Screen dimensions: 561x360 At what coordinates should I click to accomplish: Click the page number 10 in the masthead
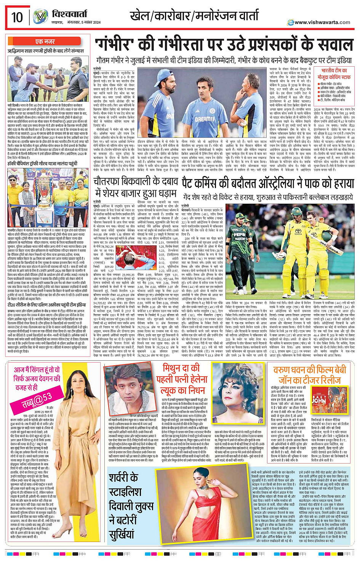click(x=17, y=17)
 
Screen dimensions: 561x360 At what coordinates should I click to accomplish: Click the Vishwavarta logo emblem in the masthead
click(x=40, y=17)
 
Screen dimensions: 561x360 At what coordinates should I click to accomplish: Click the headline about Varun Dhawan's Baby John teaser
click(x=309, y=375)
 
